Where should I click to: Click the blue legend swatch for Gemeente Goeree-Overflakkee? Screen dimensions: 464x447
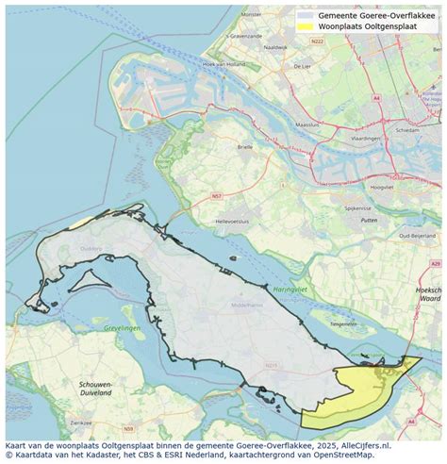(306, 15)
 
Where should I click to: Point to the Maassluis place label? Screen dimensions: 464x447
(308, 124)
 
